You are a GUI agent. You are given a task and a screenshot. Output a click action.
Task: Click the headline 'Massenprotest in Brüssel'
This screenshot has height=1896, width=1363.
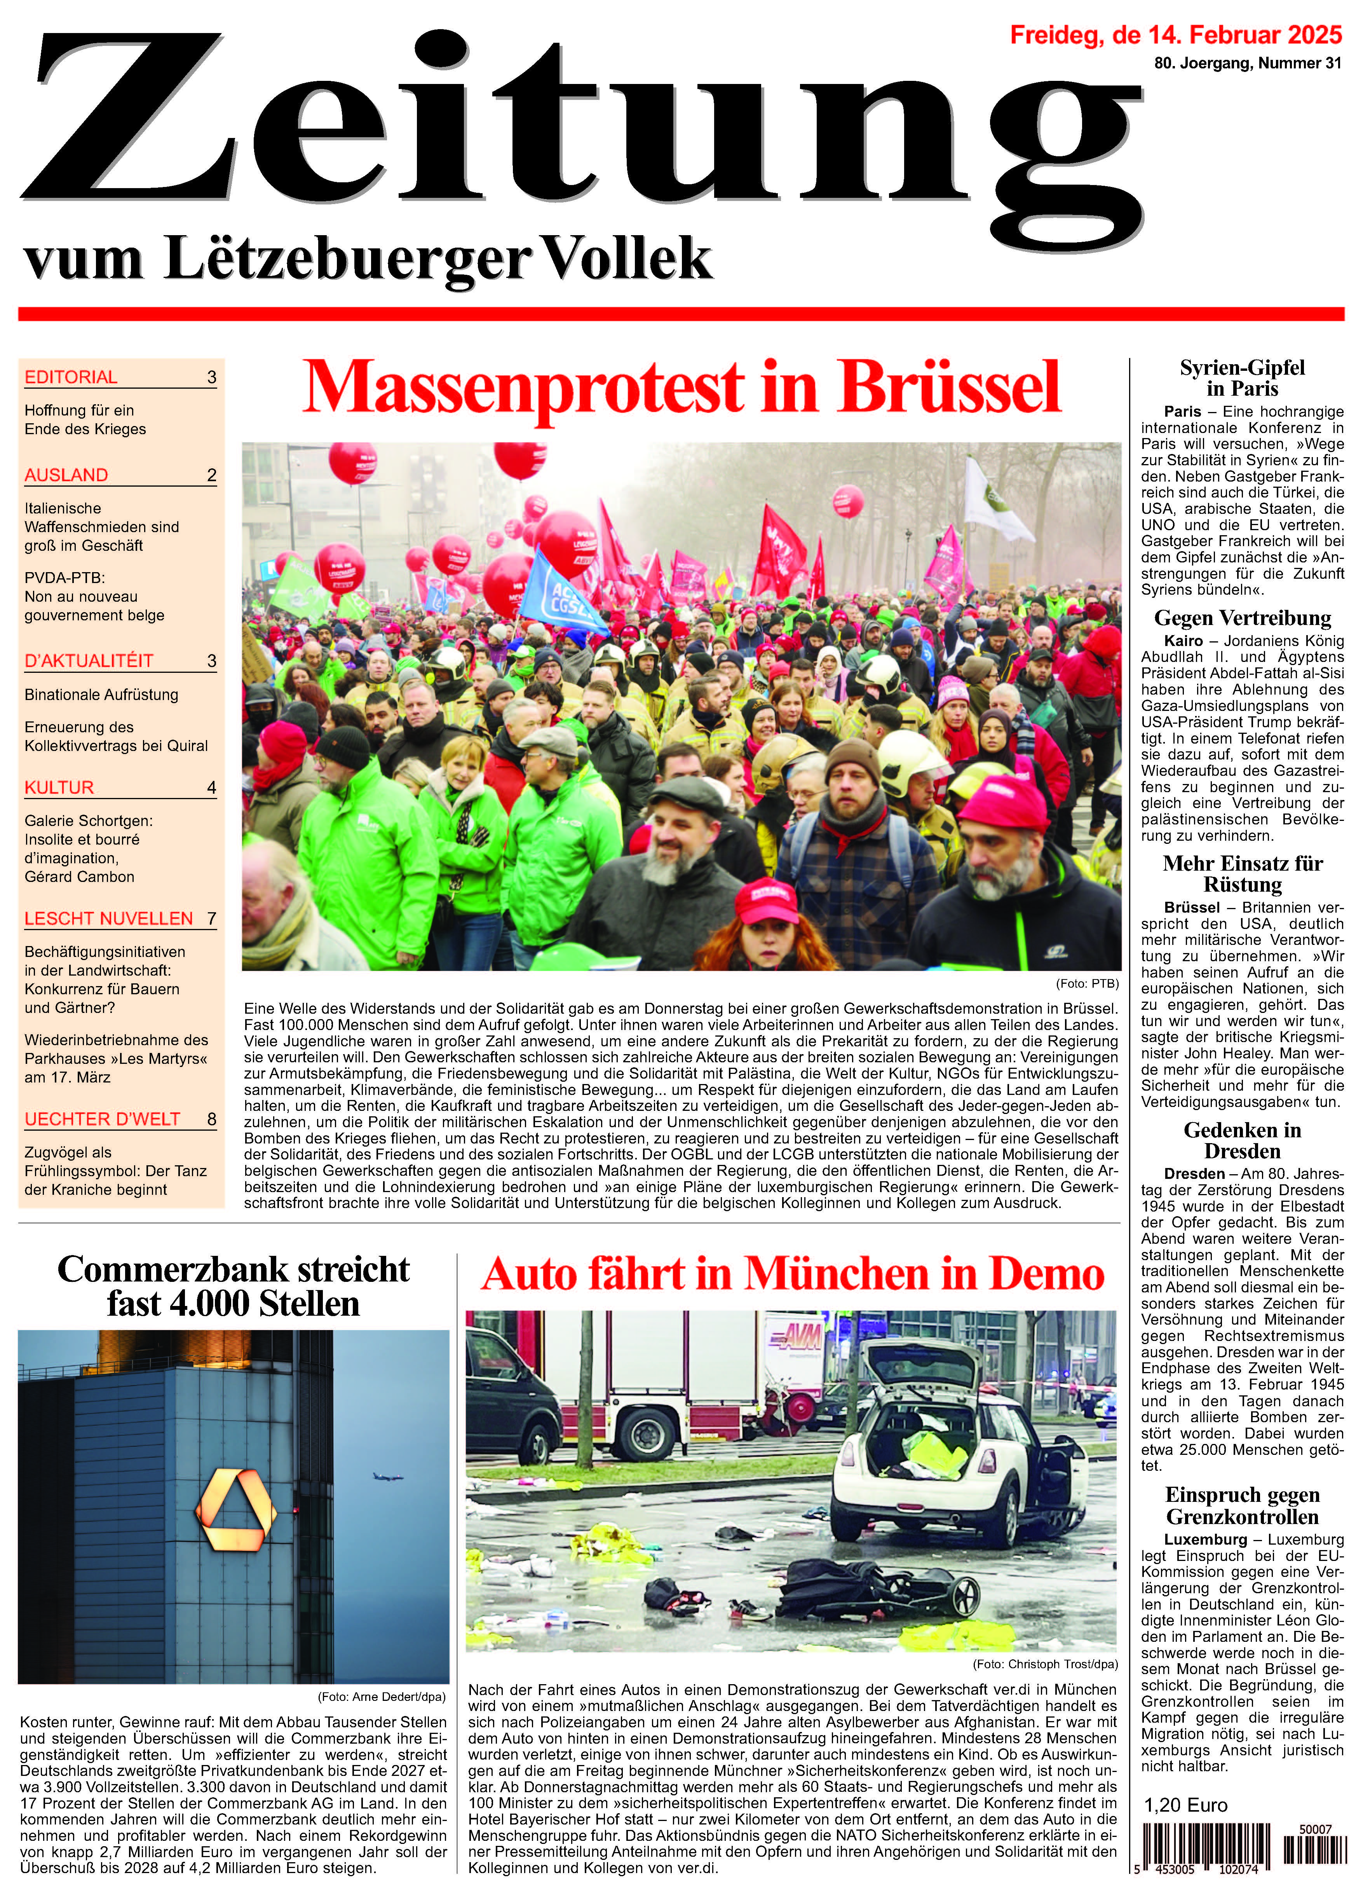tap(681, 387)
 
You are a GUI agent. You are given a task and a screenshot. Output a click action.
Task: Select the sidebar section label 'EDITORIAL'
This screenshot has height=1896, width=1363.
tap(71, 377)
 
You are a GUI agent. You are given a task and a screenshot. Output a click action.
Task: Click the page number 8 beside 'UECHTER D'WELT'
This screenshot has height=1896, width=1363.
tap(211, 1119)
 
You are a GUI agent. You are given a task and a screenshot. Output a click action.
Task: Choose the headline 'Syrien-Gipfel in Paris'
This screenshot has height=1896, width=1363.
tap(1242, 378)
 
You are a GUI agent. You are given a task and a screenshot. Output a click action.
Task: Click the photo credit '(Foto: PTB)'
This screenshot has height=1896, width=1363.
tap(1087, 983)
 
